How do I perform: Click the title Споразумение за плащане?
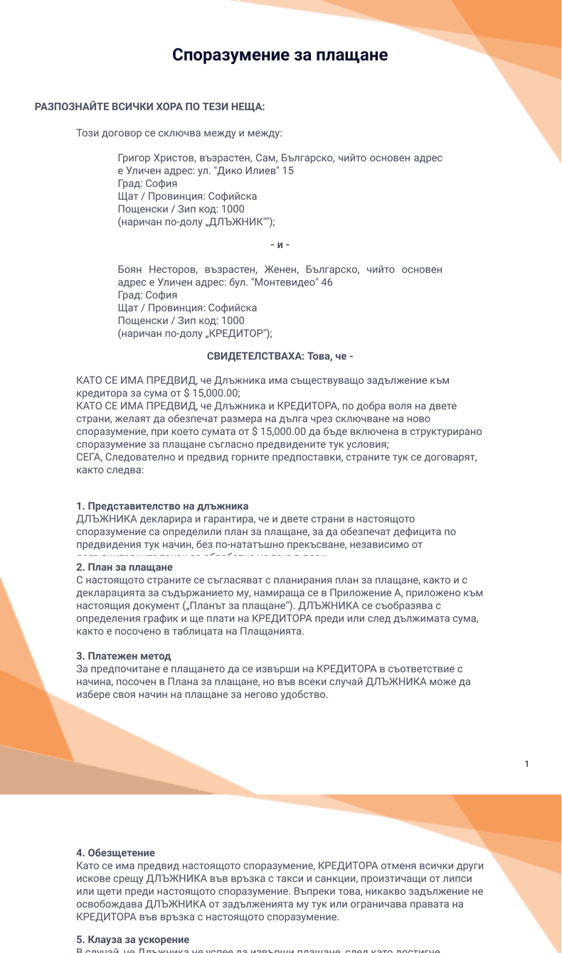coord(280,55)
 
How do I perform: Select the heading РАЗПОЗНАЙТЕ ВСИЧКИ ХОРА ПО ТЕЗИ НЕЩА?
coord(149,107)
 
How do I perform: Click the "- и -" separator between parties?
coord(280,244)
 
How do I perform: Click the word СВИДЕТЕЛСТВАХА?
coord(252,355)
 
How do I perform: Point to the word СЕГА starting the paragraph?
coord(88,457)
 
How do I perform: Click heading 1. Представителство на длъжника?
coord(162,506)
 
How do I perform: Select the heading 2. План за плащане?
coord(124,567)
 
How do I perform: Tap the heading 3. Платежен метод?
coord(124,656)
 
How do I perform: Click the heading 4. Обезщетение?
coord(115,853)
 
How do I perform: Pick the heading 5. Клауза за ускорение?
coord(132,939)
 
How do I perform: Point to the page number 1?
coord(526,764)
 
